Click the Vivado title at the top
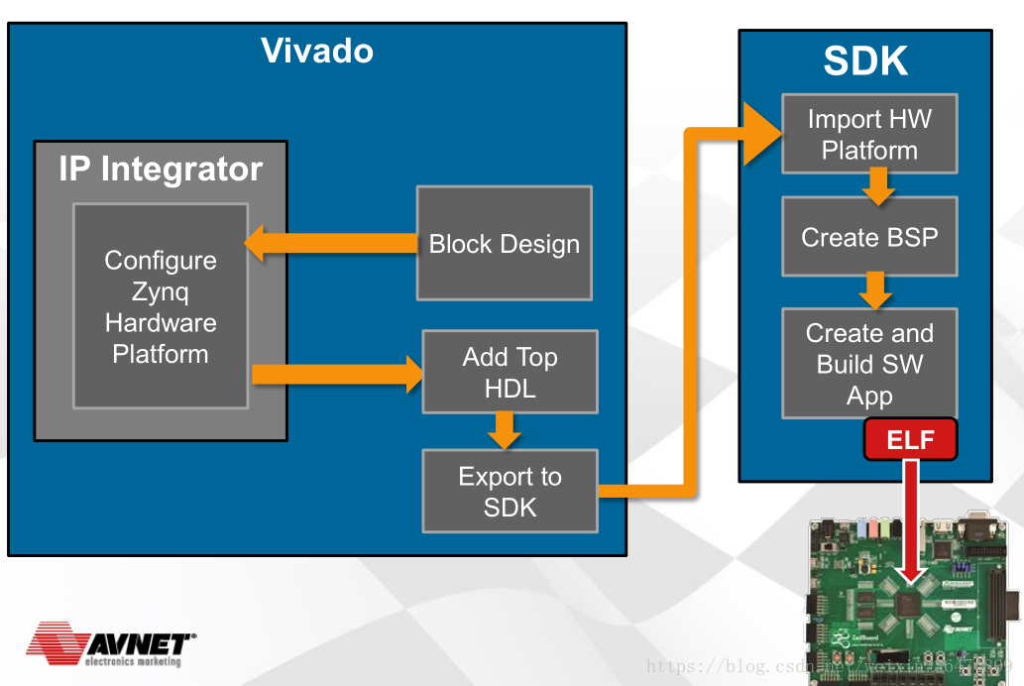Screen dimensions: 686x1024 click(x=317, y=51)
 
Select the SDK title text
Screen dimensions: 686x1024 click(x=864, y=61)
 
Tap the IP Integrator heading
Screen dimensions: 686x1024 click(x=161, y=169)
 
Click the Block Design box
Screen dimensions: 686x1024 click(x=504, y=244)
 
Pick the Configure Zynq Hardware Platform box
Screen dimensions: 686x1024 click(x=161, y=306)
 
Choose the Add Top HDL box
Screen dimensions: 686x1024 click(x=510, y=372)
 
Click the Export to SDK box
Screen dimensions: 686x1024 click(x=510, y=492)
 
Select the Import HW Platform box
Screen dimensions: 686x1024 click(x=869, y=134)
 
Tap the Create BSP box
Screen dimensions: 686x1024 click(x=869, y=237)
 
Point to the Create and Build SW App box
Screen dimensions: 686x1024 click(x=869, y=363)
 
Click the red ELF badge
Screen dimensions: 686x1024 click(x=910, y=439)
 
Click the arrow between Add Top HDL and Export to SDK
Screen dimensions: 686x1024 click(x=505, y=429)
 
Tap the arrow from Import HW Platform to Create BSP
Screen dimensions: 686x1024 click(x=876, y=185)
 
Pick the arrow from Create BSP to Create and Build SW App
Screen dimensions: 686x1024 click(x=873, y=290)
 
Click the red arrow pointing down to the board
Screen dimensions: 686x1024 click(x=910, y=525)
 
